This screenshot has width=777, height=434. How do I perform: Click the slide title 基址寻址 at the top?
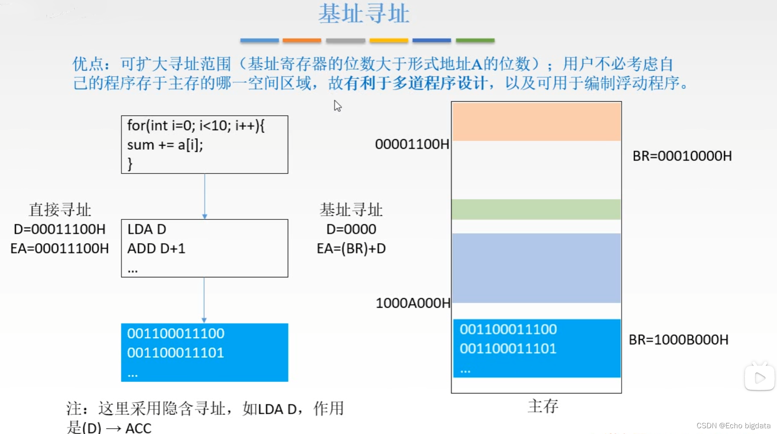tap(364, 14)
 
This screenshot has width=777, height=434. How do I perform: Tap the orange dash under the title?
tap(302, 41)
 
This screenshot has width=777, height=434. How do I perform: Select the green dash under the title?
tap(475, 41)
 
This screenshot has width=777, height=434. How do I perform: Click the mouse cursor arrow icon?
tap(337, 106)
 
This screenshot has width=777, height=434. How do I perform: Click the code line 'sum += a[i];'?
tap(165, 145)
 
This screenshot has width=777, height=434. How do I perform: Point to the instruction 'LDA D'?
tap(147, 229)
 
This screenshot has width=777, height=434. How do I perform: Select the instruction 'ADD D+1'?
tap(156, 249)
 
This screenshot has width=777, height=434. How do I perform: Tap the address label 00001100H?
tap(412, 144)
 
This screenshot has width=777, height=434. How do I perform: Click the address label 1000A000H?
tap(413, 303)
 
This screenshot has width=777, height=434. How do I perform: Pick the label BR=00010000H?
tap(682, 156)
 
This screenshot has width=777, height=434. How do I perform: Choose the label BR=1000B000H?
tap(678, 340)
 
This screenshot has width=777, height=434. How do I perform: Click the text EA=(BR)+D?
tap(351, 249)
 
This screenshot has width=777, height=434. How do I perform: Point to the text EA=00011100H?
tap(60, 249)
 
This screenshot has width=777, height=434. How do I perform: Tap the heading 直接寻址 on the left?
tap(60, 210)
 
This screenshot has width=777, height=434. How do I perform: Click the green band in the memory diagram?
tap(536, 209)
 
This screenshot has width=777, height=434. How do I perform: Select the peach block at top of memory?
tap(536, 122)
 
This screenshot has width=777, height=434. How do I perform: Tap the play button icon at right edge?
tap(759, 378)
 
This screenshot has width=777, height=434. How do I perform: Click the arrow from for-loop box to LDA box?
tap(205, 196)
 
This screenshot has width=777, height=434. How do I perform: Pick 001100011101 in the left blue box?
tap(175, 353)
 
